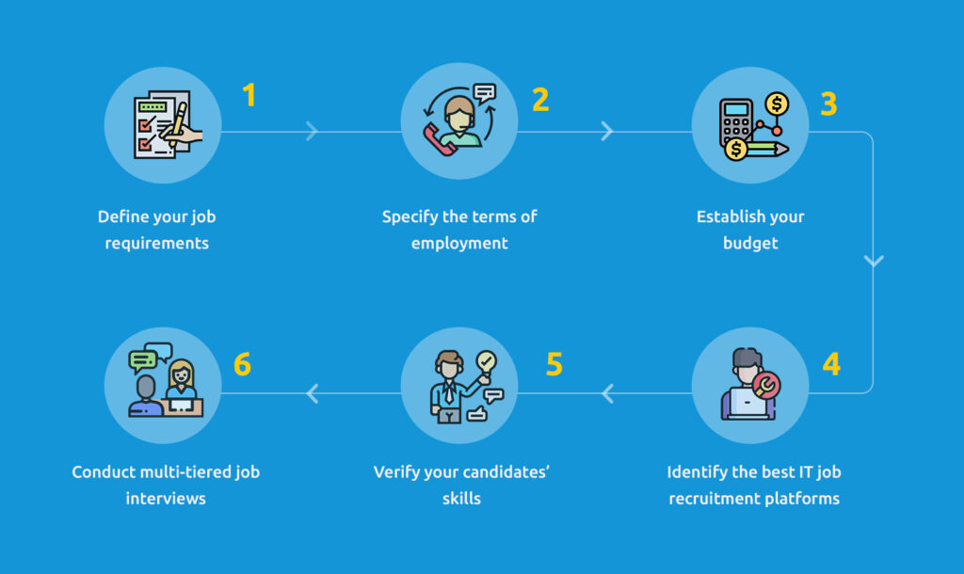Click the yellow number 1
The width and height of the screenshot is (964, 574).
(249, 95)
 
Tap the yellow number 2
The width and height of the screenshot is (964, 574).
(540, 100)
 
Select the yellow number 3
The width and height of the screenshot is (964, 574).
(828, 104)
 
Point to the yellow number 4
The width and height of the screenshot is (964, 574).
(831, 364)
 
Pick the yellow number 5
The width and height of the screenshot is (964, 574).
(554, 364)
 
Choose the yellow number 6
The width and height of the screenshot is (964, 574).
(242, 364)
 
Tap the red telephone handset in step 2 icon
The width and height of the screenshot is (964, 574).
(438, 140)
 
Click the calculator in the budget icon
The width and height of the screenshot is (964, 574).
(736, 123)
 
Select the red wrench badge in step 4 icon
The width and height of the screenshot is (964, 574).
(766, 386)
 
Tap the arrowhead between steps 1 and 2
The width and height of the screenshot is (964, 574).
(312, 131)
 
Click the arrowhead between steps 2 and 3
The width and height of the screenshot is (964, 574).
(607, 131)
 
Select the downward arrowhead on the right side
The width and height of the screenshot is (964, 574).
(874, 262)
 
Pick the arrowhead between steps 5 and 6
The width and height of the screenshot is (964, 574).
(313, 393)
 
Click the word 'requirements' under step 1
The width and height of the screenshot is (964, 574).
(157, 244)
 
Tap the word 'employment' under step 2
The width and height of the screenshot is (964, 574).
(459, 244)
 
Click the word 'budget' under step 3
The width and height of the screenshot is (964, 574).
(750, 244)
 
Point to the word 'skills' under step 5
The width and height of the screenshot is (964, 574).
(461, 499)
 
